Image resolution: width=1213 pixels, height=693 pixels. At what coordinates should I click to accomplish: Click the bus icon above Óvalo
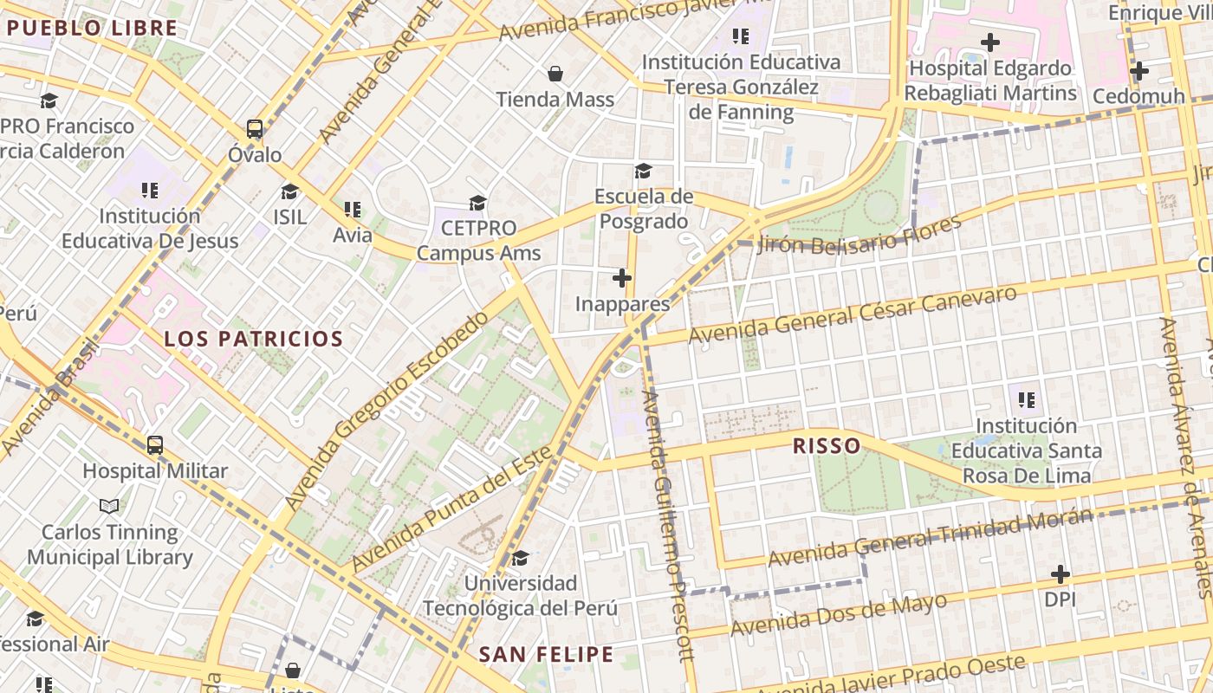pyautogui.click(x=254, y=129)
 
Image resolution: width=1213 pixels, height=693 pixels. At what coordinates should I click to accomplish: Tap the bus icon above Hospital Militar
pyautogui.click(x=154, y=445)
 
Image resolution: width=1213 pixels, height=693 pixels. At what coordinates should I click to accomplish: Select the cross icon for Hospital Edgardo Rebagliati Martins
pyautogui.click(x=989, y=42)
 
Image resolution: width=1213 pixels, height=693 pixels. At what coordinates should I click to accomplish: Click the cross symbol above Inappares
pyautogui.click(x=622, y=278)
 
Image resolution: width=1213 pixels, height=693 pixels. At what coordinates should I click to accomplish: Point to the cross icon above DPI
pyautogui.click(x=1060, y=573)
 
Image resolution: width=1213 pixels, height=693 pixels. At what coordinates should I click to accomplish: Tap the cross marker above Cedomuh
pyautogui.click(x=1138, y=71)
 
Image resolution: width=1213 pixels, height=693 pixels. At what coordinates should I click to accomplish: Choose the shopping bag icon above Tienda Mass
pyautogui.click(x=555, y=74)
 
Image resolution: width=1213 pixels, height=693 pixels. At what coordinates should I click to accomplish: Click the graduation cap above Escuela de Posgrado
pyautogui.click(x=643, y=171)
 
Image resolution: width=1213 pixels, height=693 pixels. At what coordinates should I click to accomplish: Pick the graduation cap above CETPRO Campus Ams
pyautogui.click(x=477, y=204)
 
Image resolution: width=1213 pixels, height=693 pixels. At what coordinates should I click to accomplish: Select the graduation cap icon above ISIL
pyautogui.click(x=289, y=191)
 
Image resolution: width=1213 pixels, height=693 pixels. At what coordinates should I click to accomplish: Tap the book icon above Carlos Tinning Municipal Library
pyautogui.click(x=109, y=506)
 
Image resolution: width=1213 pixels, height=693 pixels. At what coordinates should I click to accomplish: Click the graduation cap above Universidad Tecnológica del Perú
pyautogui.click(x=520, y=558)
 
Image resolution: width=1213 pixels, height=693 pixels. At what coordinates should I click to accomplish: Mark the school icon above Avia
pyautogui.click(x=352, y=209)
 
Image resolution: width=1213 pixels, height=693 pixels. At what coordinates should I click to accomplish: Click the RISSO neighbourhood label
pyautogui.click(x=827, y=446)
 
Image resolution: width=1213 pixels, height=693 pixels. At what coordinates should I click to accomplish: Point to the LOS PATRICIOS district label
pyautogui.click(x=254, y=339)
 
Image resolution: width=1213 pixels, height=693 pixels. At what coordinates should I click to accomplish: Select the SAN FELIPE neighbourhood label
pyautogui.click(x=546, y=654)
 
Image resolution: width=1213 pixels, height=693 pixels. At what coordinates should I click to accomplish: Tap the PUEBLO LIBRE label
pyautogui.click(x=92, y=28)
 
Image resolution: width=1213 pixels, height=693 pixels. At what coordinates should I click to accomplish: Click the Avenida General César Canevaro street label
pyautogui.click(x=852, y=314)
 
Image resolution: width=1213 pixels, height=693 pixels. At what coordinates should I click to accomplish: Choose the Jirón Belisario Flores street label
pyautogui.click(x=859, y=235)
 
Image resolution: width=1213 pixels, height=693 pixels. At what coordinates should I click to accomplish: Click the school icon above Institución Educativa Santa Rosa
pyautogui.click(x=1027, y=400)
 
